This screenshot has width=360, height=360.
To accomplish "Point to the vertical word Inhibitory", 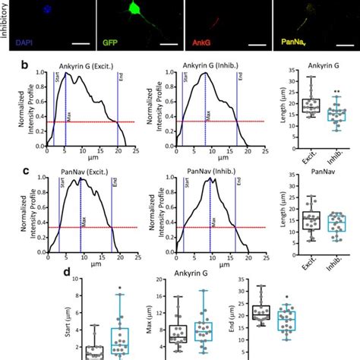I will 6,23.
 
